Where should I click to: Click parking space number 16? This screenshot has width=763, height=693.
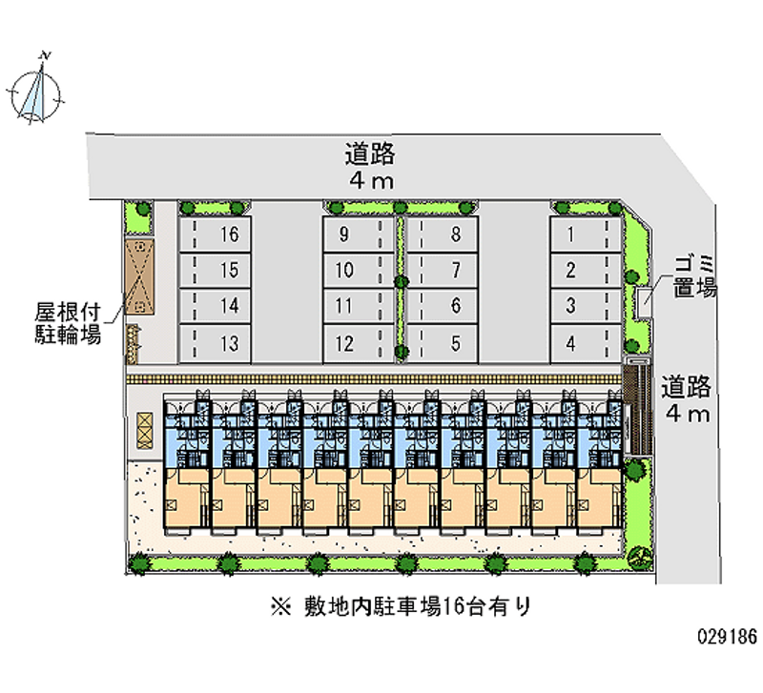tap(216, 234)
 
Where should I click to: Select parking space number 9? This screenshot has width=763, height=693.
tap(359, 234)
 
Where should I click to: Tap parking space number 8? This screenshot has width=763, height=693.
tap(443, 234)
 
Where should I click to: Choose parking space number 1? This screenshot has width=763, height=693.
tap(586, 234)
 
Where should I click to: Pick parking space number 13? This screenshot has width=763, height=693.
tap(216, 344)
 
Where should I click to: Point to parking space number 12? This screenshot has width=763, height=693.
tap(359, 344)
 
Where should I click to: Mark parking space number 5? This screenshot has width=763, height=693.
tap(443, 344)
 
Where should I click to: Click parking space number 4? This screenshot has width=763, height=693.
tap(586, 344)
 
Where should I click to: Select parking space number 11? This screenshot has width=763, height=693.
tap(359, 306)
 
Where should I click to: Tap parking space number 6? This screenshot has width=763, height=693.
tap(443, 306)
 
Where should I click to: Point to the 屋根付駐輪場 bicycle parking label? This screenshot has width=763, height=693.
tap(68, 323)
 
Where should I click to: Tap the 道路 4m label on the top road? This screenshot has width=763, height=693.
tap(370, 166)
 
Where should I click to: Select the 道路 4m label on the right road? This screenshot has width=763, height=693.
tap(686, 399)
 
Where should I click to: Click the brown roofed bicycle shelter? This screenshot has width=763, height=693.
tap(139, 276)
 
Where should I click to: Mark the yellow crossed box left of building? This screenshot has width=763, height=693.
tap(145, 431)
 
